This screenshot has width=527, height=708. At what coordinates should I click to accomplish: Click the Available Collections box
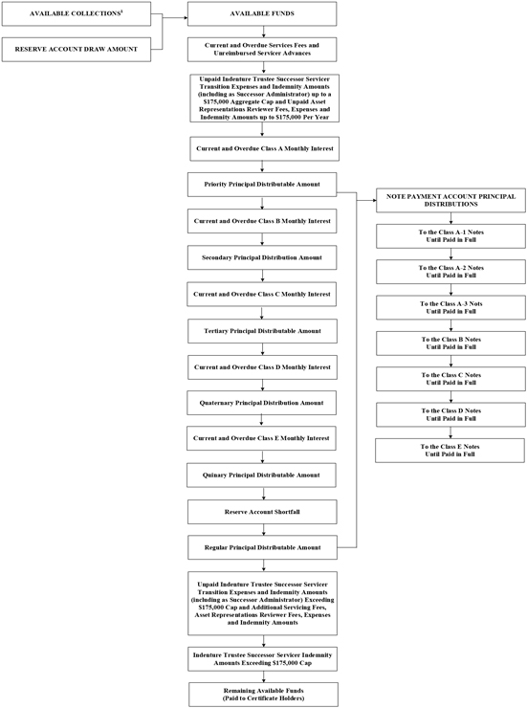pos(77,13)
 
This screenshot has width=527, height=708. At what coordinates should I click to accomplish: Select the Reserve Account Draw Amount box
pos(77,49)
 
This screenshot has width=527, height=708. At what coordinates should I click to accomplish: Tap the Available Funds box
pos(262,13)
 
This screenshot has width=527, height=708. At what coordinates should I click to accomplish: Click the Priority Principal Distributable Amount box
pos(262,185)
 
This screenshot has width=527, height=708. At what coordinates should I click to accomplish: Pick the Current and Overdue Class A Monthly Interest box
pos(264,148)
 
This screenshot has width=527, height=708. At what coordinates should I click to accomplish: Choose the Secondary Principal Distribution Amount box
pos(262,257)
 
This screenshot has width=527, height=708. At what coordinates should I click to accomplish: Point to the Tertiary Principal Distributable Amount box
pos(263,331)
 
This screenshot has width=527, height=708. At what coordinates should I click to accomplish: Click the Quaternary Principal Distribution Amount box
pos(262,403)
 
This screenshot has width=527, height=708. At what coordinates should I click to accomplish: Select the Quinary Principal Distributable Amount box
pos(261,475)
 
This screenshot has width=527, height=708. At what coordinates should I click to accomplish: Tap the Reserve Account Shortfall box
pos(262,512)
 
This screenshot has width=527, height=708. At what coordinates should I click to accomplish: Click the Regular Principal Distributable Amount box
pos(263,547)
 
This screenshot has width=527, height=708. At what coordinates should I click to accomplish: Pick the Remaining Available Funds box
pos(264,695)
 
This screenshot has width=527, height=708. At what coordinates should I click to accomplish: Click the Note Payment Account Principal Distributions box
pos(450,200)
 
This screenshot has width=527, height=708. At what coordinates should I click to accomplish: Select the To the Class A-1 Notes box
pos(450,235)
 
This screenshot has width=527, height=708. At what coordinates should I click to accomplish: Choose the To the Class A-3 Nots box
pos(450,307)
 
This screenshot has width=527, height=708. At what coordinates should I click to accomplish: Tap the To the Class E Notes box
pos(450,451)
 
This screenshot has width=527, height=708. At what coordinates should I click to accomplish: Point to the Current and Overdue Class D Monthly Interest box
pos(262,367)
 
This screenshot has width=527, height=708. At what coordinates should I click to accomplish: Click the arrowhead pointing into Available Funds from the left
pos(186,18)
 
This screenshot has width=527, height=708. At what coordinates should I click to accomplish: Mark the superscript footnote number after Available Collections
pos(121,11)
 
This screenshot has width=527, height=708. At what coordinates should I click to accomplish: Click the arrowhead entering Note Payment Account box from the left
pos(374,200)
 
